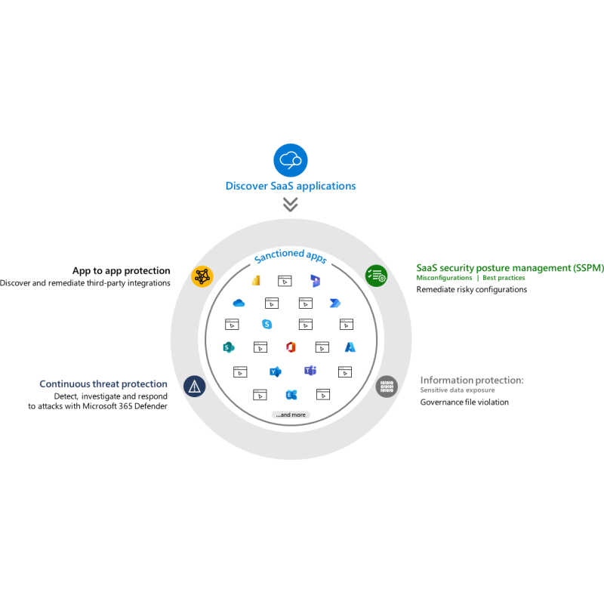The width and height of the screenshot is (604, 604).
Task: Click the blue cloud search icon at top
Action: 291,160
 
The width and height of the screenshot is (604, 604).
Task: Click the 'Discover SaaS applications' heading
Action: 291,186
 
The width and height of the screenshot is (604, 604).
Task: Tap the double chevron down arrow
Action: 291,205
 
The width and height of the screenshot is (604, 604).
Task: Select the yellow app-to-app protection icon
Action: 202,276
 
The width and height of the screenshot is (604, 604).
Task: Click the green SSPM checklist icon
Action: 376,276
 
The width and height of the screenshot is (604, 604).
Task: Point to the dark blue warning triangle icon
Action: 195,386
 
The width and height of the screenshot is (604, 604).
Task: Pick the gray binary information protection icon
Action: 387,387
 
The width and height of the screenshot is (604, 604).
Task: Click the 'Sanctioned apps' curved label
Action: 291,255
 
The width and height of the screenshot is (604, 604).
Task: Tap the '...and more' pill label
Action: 291,414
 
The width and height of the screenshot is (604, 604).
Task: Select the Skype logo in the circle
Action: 267,325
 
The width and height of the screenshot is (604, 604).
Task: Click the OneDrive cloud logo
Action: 239,304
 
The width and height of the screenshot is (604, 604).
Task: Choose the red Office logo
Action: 291,347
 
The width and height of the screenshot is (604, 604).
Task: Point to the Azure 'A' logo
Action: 350,347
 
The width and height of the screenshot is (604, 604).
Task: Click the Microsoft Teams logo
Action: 310,371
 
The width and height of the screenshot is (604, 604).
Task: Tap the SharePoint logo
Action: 229,347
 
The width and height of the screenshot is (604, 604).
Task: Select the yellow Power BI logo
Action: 256,281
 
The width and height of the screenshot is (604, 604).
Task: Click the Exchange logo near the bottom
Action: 291,395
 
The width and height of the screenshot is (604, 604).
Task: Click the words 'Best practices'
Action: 504,278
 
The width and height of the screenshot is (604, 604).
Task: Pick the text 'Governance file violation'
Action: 464,402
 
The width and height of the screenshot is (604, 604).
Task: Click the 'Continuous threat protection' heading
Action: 103,384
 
